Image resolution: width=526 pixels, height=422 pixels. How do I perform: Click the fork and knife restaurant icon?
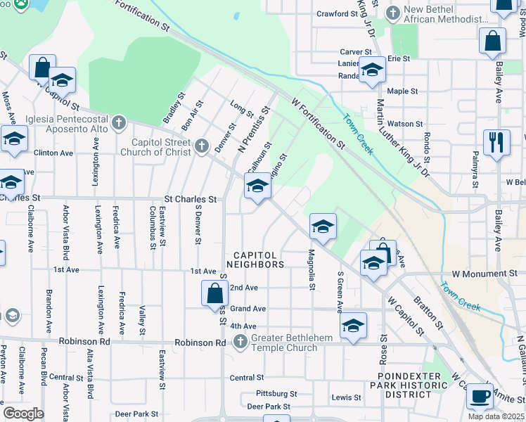[x=496, y=142]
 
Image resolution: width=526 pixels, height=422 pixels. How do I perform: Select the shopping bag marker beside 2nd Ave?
[x=214, y=293]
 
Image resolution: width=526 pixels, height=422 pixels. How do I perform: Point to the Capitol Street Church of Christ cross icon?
[x=202, y=146]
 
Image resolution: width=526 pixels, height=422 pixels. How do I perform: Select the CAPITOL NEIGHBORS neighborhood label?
[x=255, y=260]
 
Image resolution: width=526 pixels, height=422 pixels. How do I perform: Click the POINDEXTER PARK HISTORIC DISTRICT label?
[x=409, y=385]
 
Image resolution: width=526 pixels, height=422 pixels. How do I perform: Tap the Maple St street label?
[x=402, y=91]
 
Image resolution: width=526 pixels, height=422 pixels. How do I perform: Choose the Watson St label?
[x=405, y=124]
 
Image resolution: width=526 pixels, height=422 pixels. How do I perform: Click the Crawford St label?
[x=333, y=13]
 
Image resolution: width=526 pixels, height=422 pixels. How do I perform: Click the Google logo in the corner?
[x=23, y=413]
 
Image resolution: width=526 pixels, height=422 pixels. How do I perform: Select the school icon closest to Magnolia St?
[x=323, y=226]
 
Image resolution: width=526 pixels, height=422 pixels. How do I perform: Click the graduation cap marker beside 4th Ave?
[x=353, y=325]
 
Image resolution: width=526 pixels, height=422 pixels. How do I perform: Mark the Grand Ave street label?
[x=248, y=309]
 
